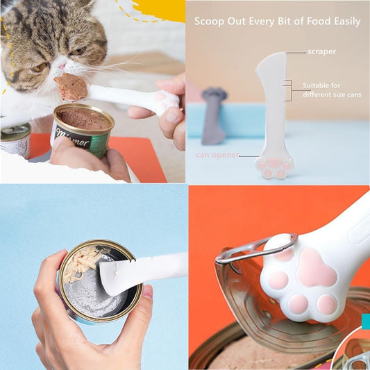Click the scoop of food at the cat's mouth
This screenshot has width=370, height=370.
[72, 87]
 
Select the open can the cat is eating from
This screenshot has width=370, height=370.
[82, 128]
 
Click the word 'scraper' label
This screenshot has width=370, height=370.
[322, 52]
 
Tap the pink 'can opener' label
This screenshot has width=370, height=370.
[217, 155]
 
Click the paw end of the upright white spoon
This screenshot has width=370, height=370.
[275, 165]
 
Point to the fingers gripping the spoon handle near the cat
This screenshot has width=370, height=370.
[171, 115]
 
